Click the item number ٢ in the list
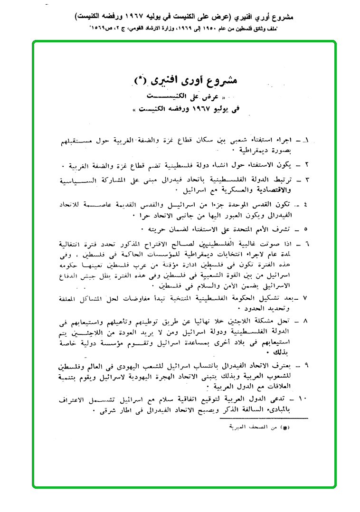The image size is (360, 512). (x=307, y=166)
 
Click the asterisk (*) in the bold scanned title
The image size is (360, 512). (x=142, y=79)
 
